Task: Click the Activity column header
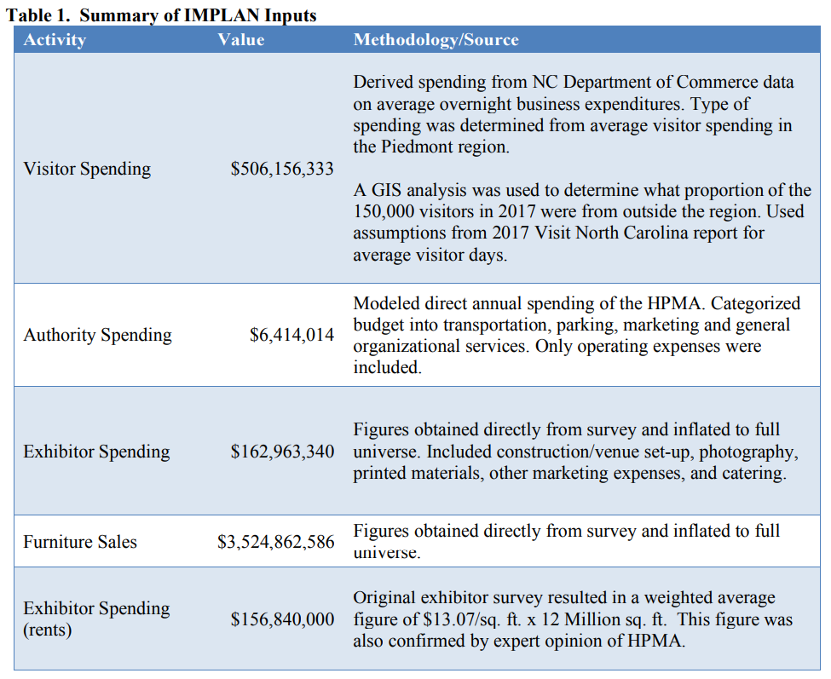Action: pos(54,40)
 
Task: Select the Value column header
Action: pos(240,40)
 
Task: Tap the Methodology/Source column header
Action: pos(436,40)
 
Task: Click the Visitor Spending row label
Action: pos(87,169)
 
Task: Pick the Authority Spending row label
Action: pos(97,335)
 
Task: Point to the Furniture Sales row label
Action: pos(80,542)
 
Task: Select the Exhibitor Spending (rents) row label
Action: pos(96,619)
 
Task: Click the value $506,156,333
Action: pos(282,169)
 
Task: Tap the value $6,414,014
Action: pos(291,335)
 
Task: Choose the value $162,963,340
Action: pos(282,452)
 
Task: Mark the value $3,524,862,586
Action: pos(275,542)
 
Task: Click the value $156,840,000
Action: pos(282,619)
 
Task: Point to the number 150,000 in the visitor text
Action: pos(384,211)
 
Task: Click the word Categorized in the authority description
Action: pos(755,303)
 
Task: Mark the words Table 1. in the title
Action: pos(38,14)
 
